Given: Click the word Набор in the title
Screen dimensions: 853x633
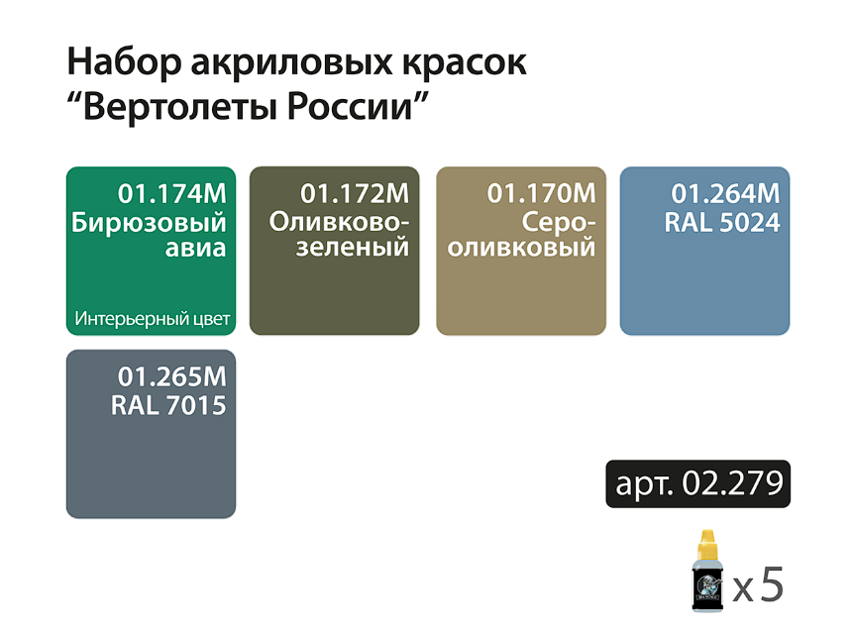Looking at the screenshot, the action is tap(124, 62).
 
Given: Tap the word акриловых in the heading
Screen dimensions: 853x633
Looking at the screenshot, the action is tap(290, 63).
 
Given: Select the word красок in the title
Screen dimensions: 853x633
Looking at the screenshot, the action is tap(464, 64).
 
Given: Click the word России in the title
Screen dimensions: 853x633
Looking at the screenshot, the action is tap(350, 107).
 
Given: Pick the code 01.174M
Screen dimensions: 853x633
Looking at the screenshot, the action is tap(172, 193).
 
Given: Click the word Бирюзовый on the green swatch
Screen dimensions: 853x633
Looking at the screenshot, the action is tap(149, 223).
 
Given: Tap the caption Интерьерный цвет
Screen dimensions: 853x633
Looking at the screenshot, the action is tap(153, 319).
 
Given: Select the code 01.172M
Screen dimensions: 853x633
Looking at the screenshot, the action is tap(355, 193).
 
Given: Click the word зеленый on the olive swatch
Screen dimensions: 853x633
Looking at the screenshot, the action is tap(353, 248).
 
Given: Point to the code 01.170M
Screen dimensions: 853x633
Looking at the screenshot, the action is tap(541, 193).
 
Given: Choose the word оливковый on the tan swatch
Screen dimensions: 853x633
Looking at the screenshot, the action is tap(521, 248).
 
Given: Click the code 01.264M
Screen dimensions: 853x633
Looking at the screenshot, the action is tap(725, 193).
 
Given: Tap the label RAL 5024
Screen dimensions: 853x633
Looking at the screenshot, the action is tap(722, 223).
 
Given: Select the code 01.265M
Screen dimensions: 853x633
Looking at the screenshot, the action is tap(172, 376).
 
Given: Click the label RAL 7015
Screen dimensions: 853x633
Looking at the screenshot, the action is tap(168, 405).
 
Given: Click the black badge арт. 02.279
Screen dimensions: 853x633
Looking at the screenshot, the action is tap(698, 484).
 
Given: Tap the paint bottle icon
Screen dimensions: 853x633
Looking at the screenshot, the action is tap(707, 571).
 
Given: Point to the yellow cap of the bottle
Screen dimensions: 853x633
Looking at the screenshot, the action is tap(707, 544).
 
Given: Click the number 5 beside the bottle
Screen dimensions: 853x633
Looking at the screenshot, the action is tap(772, 583).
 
